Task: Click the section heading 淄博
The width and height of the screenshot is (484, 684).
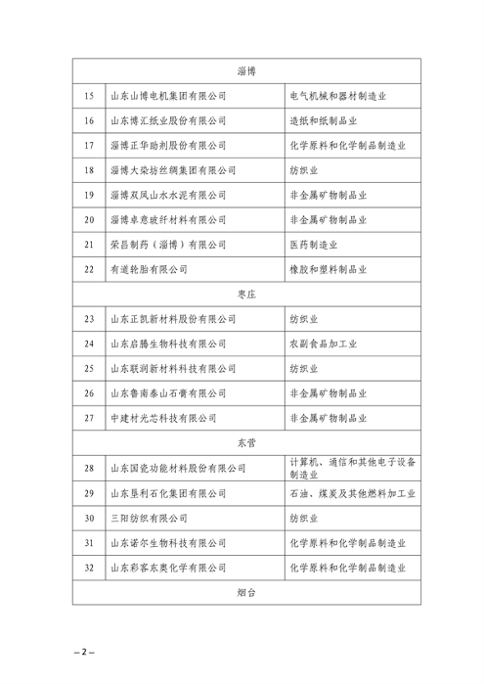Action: (246, 71)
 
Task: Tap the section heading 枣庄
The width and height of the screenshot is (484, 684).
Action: (246, 293)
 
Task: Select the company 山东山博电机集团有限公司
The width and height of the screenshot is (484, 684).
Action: (167, 96)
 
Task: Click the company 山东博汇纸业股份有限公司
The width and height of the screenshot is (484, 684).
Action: (167, 120)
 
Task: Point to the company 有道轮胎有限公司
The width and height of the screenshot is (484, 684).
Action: (148, 268)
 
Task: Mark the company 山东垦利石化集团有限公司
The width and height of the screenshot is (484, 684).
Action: (167, 493)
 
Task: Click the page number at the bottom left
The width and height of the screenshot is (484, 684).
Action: (84, 651)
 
